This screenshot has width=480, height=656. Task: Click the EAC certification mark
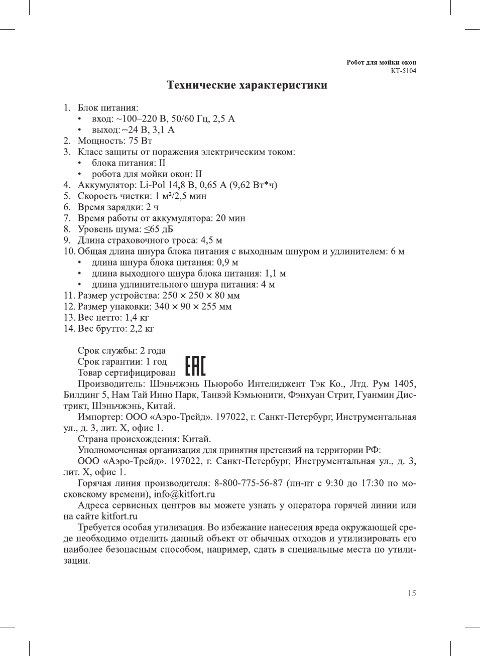[x=195, y=366]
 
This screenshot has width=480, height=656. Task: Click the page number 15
[x=411, y=593]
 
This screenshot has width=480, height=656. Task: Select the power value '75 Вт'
[x=140, y=141]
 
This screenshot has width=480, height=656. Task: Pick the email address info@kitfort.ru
[x=184, y=494]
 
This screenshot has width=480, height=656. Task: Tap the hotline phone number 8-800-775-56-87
[x=248, y=483]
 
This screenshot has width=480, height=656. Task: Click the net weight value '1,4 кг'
[x=137, y=318]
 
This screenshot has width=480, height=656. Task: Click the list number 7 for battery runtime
[x=67, y=218]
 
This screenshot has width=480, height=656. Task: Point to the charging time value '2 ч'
[x=152, y=207]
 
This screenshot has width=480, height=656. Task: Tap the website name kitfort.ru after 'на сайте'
[x=119, y=516]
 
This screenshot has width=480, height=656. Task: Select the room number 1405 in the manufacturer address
[x=405, y=384]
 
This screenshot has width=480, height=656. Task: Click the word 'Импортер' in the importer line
[x=99, y=417]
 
